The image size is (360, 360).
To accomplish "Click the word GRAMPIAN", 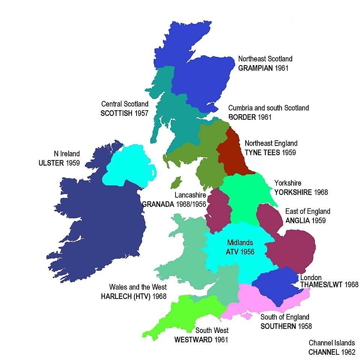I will point(255,68).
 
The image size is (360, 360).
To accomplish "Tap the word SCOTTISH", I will point(116,113).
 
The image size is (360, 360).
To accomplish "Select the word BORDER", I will point(242,117).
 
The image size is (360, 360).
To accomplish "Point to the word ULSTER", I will point(51,163).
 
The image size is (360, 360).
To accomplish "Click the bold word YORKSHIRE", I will point(293,192).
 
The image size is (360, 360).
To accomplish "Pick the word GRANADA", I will point(158,204).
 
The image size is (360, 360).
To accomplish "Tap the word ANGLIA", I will point(298,220).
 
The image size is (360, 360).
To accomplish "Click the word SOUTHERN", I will point(278,326).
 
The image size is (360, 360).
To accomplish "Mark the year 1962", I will point(349,352).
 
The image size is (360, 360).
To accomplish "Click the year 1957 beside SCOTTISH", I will point(141,113).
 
